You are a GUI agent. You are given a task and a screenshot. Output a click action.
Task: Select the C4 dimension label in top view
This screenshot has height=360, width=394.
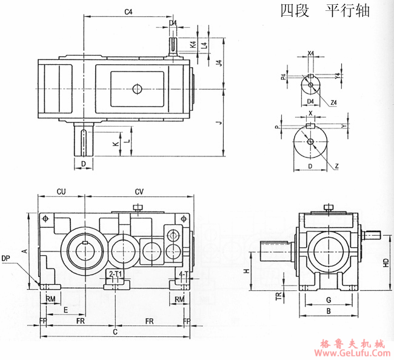(128, 12)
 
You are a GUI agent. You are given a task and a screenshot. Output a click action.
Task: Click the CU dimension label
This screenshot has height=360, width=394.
(61, 192)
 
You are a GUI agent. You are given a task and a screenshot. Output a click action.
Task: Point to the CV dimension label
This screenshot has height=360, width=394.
(139, 192)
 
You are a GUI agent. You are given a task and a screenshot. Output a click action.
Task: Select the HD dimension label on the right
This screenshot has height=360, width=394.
(386, 262)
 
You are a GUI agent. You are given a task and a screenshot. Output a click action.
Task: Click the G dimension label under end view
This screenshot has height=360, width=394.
(328, 299)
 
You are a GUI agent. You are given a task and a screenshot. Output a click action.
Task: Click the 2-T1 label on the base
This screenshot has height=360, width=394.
(115, 275)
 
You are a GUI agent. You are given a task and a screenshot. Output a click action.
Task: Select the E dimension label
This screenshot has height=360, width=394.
(65, 309)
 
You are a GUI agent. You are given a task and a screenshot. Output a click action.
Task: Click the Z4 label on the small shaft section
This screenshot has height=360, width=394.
(334, 102)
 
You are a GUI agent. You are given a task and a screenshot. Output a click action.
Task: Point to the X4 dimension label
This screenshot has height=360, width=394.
(310, 53)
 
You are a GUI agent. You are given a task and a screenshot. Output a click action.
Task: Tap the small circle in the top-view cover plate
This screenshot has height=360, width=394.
(137, 89)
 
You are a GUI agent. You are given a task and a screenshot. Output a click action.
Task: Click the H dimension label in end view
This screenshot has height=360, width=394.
(246, 272)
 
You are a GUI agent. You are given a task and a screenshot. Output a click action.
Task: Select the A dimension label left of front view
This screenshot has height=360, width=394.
(24, 250)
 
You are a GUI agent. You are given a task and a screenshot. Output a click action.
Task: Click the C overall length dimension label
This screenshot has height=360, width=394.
(115, 332)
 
